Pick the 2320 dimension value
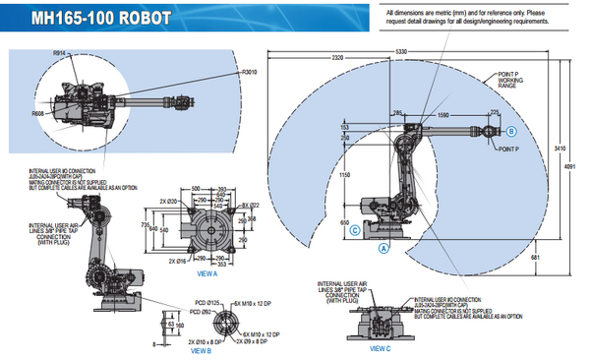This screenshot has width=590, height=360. (x=338, y=59)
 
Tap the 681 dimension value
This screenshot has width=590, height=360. (x=534, y=257)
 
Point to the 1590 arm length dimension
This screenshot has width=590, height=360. (x=443, y=115)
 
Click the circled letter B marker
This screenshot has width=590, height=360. (x=511, y=130)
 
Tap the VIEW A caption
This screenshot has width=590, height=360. (x=208, y=273)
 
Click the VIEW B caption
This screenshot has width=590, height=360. (x=200, y=349)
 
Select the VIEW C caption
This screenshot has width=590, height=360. (x=380, y=349)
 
